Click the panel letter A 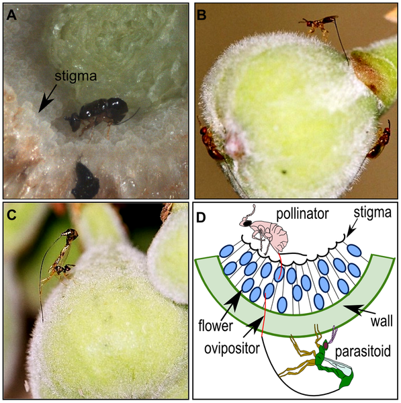pyautogui.click(x=11, y=15)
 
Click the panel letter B pyautogui.click(x=202, y=15)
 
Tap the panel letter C pyautogui.click(x=12, y=215)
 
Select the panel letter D pyautogui.click(x=202, y=218)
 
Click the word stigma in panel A pyautogui.click(x=76, y=76)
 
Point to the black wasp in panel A pyautogui.click(x=100, y=115)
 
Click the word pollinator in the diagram pyautogui.click(x=302, y=214)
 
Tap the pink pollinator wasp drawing pyautogui.click(x=265, y=234)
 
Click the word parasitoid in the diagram pyautogui.click(x=363, y=351)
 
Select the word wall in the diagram pyautogui.click(x=382, y=320)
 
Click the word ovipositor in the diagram pyautogui.click(x=232, y=349)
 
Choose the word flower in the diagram pyautogui.click(x=216, y=325)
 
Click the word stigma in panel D pyautogui.click(x=372, y=213)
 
